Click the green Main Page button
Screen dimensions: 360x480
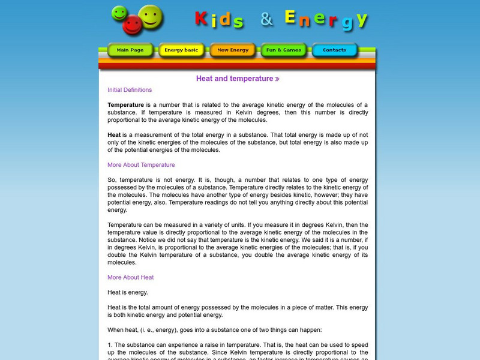click(130, 50)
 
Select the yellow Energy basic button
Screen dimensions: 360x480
click(181, 50)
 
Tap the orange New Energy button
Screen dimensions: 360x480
click(233, 50)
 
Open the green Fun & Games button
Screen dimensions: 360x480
click(284, 50)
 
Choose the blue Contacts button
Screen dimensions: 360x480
click(334, 50)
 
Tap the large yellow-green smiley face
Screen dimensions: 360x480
click(151, 17)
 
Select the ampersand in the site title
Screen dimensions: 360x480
click(266, 20)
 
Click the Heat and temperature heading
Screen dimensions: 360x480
click(234, 79)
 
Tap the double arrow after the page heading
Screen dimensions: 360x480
click(277, 79)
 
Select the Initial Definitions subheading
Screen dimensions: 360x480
click(130, 90)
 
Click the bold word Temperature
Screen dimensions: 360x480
click(125, 104)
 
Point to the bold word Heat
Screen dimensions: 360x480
click(114, 135)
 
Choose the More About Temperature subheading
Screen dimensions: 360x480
click(141, 165)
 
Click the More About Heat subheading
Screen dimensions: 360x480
click(130, 277)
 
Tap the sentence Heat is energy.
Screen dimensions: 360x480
click(127, 292)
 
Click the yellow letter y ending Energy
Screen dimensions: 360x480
click(361, 19)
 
